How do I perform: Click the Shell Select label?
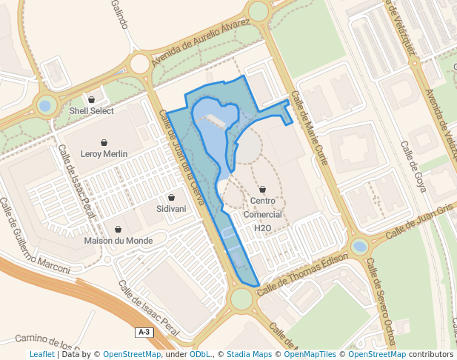click(91, 111)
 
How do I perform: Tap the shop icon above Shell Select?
click(92, 99)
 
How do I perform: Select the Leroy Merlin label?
click(104, 154)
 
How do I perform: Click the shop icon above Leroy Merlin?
click(104, 142)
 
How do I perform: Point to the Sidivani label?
click(171, 209)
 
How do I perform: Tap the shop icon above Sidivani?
click(172, 198)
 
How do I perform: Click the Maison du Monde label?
click(119, 241)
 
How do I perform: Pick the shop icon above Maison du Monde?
click(119, 229)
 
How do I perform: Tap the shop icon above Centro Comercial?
click(263, 189)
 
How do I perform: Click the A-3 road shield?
click(144, 333)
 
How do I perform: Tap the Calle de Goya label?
click(413, 167)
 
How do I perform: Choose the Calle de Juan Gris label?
click(418, 222)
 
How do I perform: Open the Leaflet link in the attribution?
click(41, 355)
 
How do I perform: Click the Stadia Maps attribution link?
click(249, 355)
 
